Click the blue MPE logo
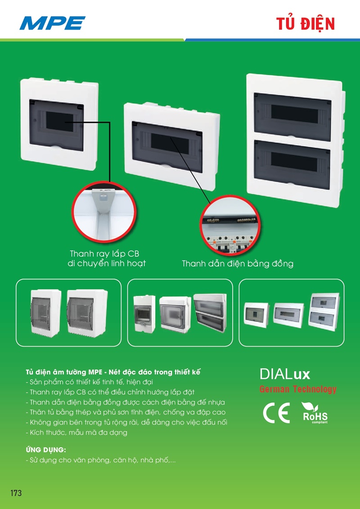[x=52, y=23]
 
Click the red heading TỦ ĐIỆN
[x=306, y=24]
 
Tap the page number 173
[x=16, y=493]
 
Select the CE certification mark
[x=276, y=413]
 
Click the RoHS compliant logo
[x=315, y=413]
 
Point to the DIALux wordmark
[x=284, y=374]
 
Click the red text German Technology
[x=297, y=389]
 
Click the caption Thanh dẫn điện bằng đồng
[x=238, y=263]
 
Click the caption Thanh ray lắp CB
[x=104, y=254]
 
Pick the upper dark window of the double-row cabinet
[x=292, y=117]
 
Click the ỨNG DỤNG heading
[x=46, y=450]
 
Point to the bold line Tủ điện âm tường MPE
[x=113, y=372]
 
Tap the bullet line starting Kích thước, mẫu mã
[x=76, y=433]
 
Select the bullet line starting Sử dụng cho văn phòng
[x=101, y=460]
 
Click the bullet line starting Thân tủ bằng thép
[x=126, y=412]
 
